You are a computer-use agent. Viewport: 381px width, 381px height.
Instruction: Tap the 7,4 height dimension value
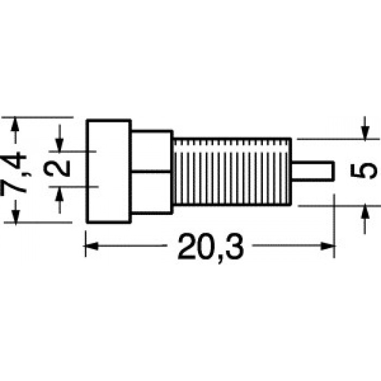[x=14, y=173]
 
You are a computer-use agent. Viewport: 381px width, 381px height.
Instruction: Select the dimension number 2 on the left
[x=57, y=168]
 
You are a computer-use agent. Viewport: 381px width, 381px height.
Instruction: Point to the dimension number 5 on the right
[x=364, y=171]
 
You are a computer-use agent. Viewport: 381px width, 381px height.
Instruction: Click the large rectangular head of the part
[x=109, y=171]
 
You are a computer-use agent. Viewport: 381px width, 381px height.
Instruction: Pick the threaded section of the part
[x=232, y=171]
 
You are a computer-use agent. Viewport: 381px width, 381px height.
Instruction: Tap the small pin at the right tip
[x=312, y=171]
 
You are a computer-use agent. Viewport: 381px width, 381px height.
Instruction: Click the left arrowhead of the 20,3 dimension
[x=91, y=246]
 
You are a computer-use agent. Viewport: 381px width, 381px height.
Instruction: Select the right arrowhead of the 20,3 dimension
[x=327, y=246]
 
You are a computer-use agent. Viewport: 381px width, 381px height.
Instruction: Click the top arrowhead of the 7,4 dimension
[x=15, y=125]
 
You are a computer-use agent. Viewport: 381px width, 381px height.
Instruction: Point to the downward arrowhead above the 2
[x=59, y=144]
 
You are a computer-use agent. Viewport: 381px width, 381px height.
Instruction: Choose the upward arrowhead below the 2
[x=59, y=194]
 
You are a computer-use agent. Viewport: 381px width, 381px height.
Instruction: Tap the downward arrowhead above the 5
[x=365, y=132]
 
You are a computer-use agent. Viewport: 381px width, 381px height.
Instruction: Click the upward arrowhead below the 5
[x=365, y=213]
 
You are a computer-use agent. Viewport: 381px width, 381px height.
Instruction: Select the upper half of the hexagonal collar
[x=152, y=152]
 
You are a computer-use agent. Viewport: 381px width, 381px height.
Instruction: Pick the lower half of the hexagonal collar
[x=152, y=193]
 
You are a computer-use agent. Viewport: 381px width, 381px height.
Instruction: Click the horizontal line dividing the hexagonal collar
[x=152, y=172]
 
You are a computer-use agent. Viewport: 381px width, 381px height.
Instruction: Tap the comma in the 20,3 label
[x=221, y=259]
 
